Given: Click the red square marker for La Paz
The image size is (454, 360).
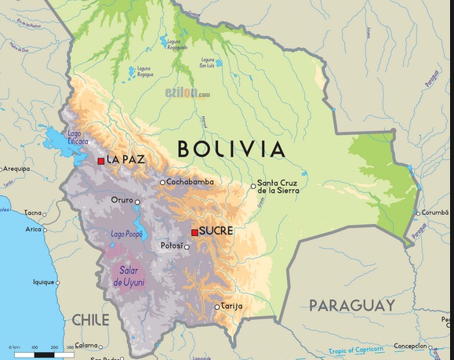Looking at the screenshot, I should click(x=100, y=161).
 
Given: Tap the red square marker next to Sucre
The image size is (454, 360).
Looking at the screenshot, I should click(x=194, y=232).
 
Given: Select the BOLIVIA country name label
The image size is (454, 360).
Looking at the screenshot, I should click(x=230, y=148).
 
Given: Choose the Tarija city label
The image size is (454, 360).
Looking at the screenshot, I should click(x=231, y=306).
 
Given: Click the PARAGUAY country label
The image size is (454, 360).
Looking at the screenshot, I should click(x=351, y=304).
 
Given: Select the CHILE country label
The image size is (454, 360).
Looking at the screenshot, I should click(x=90, y=320).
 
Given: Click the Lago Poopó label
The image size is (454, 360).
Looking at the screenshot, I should click(x=128, y=234).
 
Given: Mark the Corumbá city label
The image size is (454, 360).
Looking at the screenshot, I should click(x=436, y=212).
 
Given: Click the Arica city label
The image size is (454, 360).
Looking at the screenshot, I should click(x=33, y=229).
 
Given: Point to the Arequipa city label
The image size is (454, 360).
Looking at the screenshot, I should click(x=16, y=169).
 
